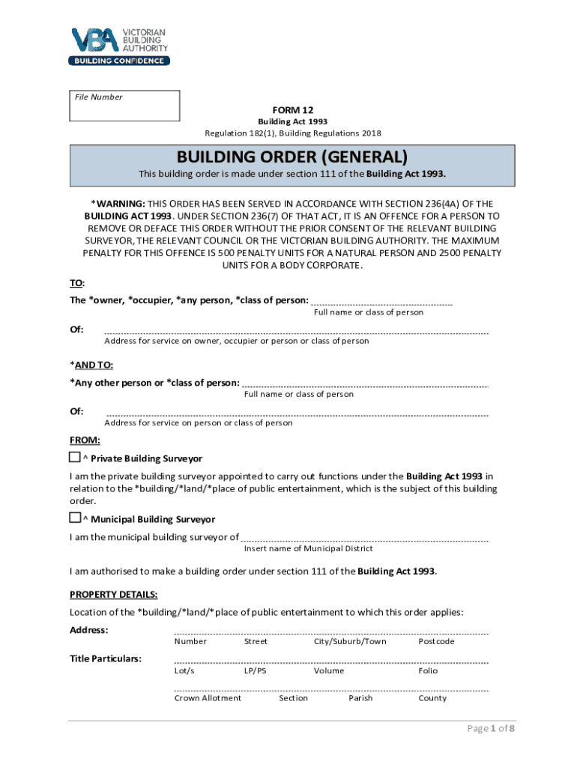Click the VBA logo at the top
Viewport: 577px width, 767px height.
coord(118,46)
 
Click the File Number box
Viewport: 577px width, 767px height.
coord(124,106)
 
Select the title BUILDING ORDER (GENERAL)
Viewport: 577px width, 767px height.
coord(292,158)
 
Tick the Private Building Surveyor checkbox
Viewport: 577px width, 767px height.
coord(75,457)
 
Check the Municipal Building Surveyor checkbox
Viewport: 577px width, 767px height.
coord(75,518)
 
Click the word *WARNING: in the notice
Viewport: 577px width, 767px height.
coord(118,203)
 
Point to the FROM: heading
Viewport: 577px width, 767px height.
coord(85,440)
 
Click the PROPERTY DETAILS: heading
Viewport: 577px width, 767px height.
coord(113,595)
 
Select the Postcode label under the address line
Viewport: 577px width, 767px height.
coord(436,642)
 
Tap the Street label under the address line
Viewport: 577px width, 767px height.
coord(256,642)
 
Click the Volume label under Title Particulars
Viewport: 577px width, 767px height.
coord(329,670)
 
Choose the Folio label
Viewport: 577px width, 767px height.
coord(428,670)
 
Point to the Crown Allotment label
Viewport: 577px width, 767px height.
coord(208,698)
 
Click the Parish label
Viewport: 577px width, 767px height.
coord(360,698)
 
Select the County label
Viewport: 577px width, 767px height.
coord(432,698)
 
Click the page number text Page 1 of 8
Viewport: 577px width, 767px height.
coord(492,729)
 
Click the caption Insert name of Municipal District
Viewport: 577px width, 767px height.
coord(308,548)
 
